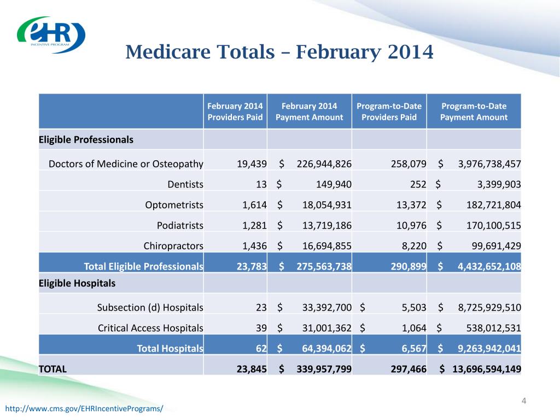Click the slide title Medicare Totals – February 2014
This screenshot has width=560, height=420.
pos(279,52)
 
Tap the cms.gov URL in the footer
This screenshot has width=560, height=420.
pos(84,409)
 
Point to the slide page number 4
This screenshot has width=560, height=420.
pos(523,402)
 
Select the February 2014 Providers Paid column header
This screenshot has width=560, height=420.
pos(235,112)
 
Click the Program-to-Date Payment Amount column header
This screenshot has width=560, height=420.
pos(474,112)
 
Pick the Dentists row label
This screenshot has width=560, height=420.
pos(185,184)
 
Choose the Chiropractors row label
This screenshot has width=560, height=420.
pos(173,246)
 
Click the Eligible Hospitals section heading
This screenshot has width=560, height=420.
pos(77,283)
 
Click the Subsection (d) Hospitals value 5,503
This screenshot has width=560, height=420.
pos(407,307)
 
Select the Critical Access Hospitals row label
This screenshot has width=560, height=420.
pos(150,328)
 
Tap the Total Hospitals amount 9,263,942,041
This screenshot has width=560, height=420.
pos(489,348)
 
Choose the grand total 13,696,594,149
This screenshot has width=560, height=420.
pos(486,369)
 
